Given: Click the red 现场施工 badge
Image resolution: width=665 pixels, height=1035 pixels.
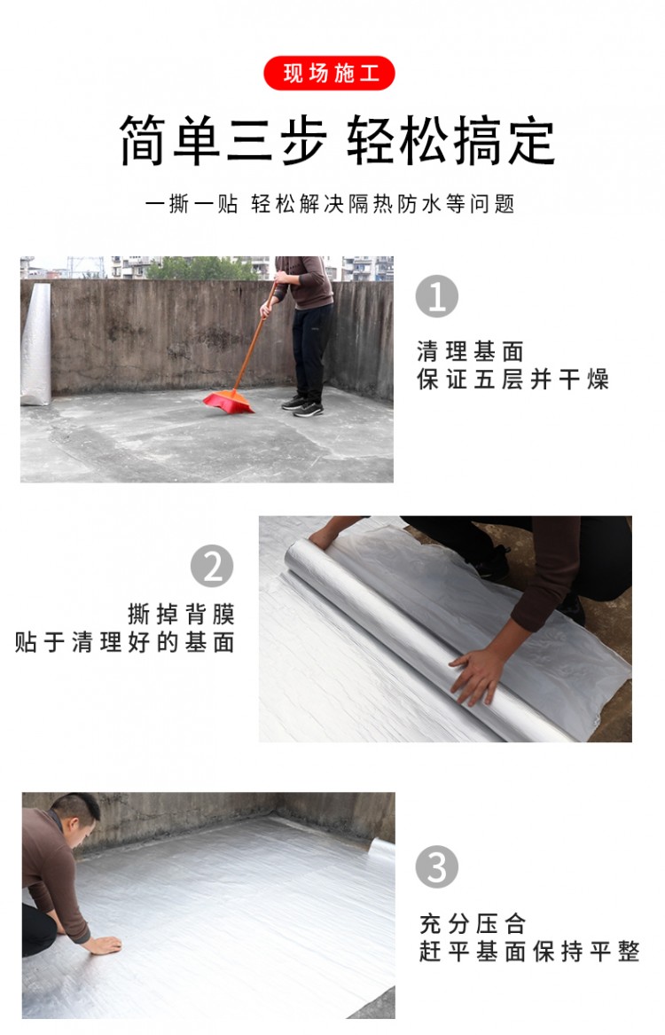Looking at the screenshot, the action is click(329, 74).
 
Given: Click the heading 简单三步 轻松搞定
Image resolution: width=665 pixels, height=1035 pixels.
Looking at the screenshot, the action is click(337, 140).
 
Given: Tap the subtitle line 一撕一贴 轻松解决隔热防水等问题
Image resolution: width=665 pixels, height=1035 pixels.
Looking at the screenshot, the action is click(330, 204).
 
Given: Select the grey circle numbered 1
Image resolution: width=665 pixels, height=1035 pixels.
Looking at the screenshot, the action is click(437, 296).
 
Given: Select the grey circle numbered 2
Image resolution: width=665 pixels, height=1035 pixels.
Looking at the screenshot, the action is click(212, 566).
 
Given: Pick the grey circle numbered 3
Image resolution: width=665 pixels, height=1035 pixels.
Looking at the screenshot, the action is click(437, 866).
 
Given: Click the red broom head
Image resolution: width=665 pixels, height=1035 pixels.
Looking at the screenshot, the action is click(228, 402).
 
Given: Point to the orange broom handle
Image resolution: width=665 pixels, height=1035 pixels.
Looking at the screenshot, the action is click(254, 339).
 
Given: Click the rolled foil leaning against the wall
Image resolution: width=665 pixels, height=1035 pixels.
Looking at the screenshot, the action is click(35, 345).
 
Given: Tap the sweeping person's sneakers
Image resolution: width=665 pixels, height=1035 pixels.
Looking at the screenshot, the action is click(303, 406).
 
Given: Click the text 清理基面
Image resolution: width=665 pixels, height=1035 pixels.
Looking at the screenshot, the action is click(471, 351).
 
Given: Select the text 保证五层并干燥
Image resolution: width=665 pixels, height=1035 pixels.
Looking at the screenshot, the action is click(512, 380).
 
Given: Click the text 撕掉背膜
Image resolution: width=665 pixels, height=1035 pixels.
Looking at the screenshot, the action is click(182, 614).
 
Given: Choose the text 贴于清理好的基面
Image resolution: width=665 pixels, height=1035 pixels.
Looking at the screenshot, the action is click(125, 641).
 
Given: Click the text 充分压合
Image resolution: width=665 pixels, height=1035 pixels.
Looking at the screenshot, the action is click(473, 923).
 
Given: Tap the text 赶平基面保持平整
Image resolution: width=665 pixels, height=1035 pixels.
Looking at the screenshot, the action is click(529, 952).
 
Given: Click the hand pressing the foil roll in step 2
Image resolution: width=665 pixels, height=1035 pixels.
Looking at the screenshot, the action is click(475, 676).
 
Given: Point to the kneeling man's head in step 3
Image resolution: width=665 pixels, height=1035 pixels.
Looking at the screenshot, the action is click(76, 816).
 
